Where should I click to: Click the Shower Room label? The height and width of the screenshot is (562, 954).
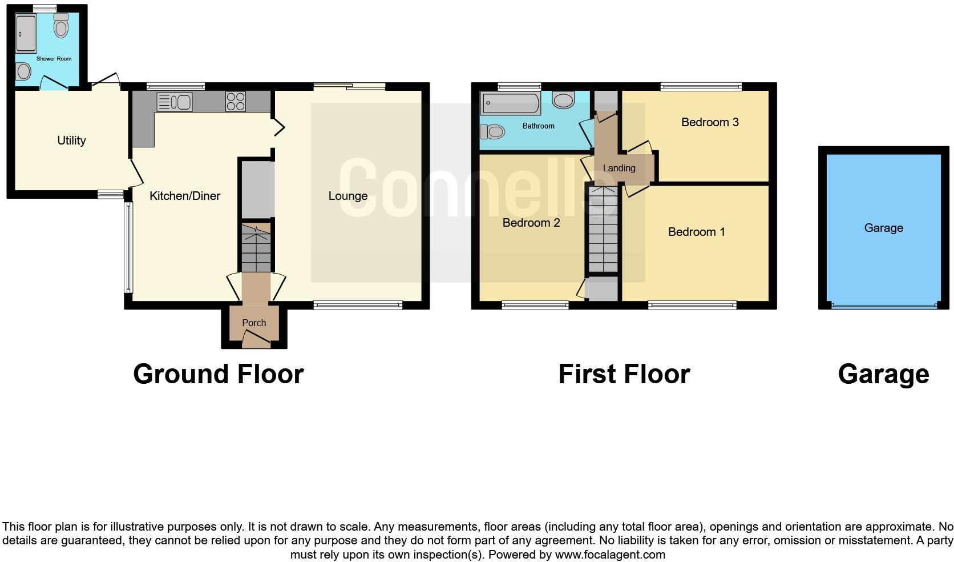[54, 59]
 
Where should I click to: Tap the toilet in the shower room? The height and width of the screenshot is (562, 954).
[61, 26]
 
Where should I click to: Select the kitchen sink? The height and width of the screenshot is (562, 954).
[174, 102]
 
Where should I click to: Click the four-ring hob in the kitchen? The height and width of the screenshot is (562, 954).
[235, 102]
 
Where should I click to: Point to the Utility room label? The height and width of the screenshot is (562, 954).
[71, 140]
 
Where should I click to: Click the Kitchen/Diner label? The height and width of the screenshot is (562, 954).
[184, 196]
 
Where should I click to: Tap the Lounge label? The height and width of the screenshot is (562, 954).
[347, 196]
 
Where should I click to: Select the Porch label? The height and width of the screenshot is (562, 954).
[254, 323]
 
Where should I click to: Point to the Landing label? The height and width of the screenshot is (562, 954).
[619, 168]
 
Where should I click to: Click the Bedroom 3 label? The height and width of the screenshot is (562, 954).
[710, 122]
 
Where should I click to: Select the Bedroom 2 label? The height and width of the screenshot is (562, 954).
[531, 223]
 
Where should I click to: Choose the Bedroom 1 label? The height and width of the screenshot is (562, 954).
[696, 232]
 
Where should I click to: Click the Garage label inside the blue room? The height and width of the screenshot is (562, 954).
[883, 228]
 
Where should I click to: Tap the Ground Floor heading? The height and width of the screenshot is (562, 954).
[218, 374]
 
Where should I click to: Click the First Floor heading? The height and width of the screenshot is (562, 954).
[624, 374]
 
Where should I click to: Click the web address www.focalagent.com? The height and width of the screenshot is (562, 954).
[610, 554]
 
